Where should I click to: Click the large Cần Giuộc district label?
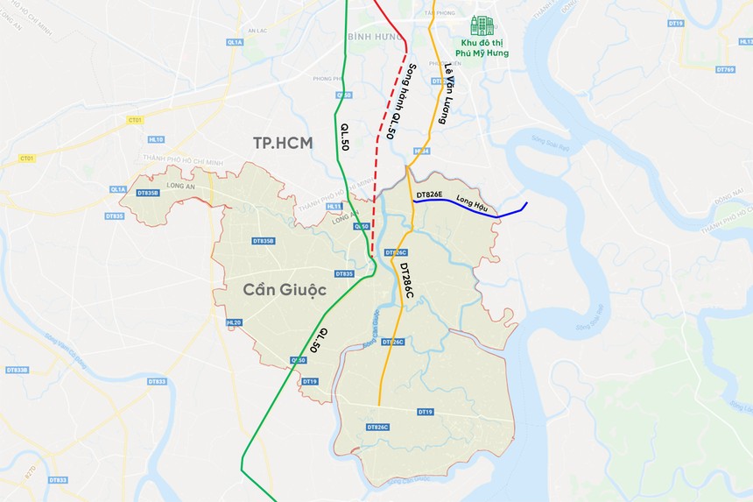tap(272, 289)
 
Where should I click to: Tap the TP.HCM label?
tap(282, 143)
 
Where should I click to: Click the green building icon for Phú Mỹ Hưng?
tap(482, 25)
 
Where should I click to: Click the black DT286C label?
tap(406, 280)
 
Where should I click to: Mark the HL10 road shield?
tap(157, 138)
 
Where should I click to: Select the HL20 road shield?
tap(233, 322)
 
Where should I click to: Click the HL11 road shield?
tap(334, 207)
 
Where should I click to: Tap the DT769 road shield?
tap(724, 69)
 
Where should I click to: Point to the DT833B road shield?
tap(18, 370)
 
